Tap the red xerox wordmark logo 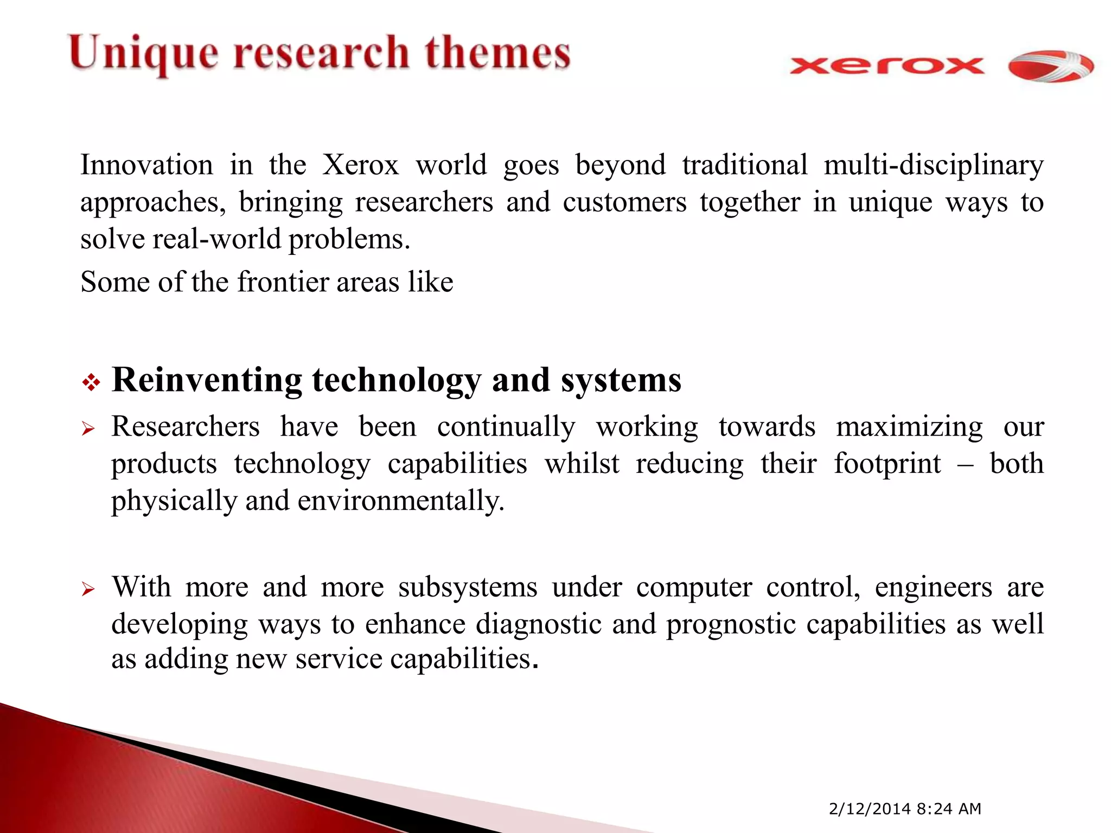[x=886, y=66]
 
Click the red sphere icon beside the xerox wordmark [x=1050, y=67]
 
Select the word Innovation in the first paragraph [x=146, y=165]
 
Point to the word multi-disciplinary [x=933, y=165]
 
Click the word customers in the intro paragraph [x=624, y=202]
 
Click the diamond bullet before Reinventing [x=91, y=383]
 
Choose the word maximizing [x=909, y=427]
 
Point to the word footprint [x=887, y=464]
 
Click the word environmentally [x=401, y=501]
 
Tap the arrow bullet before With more [x=88, y=589]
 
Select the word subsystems [x=468, y=587]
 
